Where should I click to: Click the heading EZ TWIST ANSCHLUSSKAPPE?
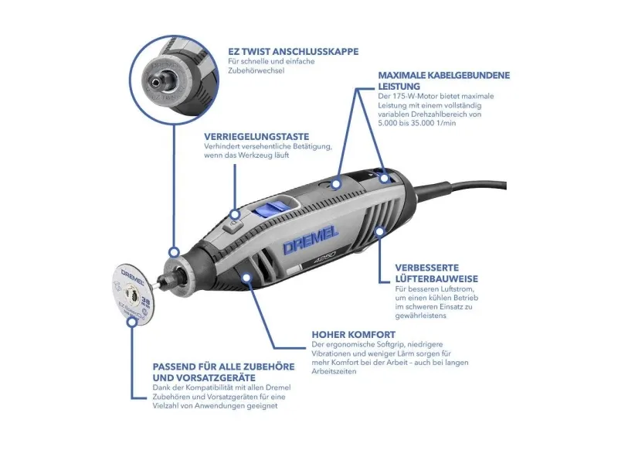click(x=294, y=52)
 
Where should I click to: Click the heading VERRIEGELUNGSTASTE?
click(x=256, y=137)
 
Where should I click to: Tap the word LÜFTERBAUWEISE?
click(x=436, y=279)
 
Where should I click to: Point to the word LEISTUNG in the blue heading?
click(x=399, y=86)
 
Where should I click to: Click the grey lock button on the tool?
click(x=232, y=227)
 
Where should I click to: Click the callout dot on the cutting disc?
click(x=132, y=321)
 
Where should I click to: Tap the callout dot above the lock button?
click(x=235, y=214)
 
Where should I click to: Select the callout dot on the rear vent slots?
click(x=379, y=230)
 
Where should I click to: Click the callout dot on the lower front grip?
click(x=246, y=278)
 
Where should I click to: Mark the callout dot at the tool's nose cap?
click(x=174, y=252)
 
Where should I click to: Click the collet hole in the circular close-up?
click(x=157, y=82)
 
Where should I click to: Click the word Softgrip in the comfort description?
click(x=384, y=344)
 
